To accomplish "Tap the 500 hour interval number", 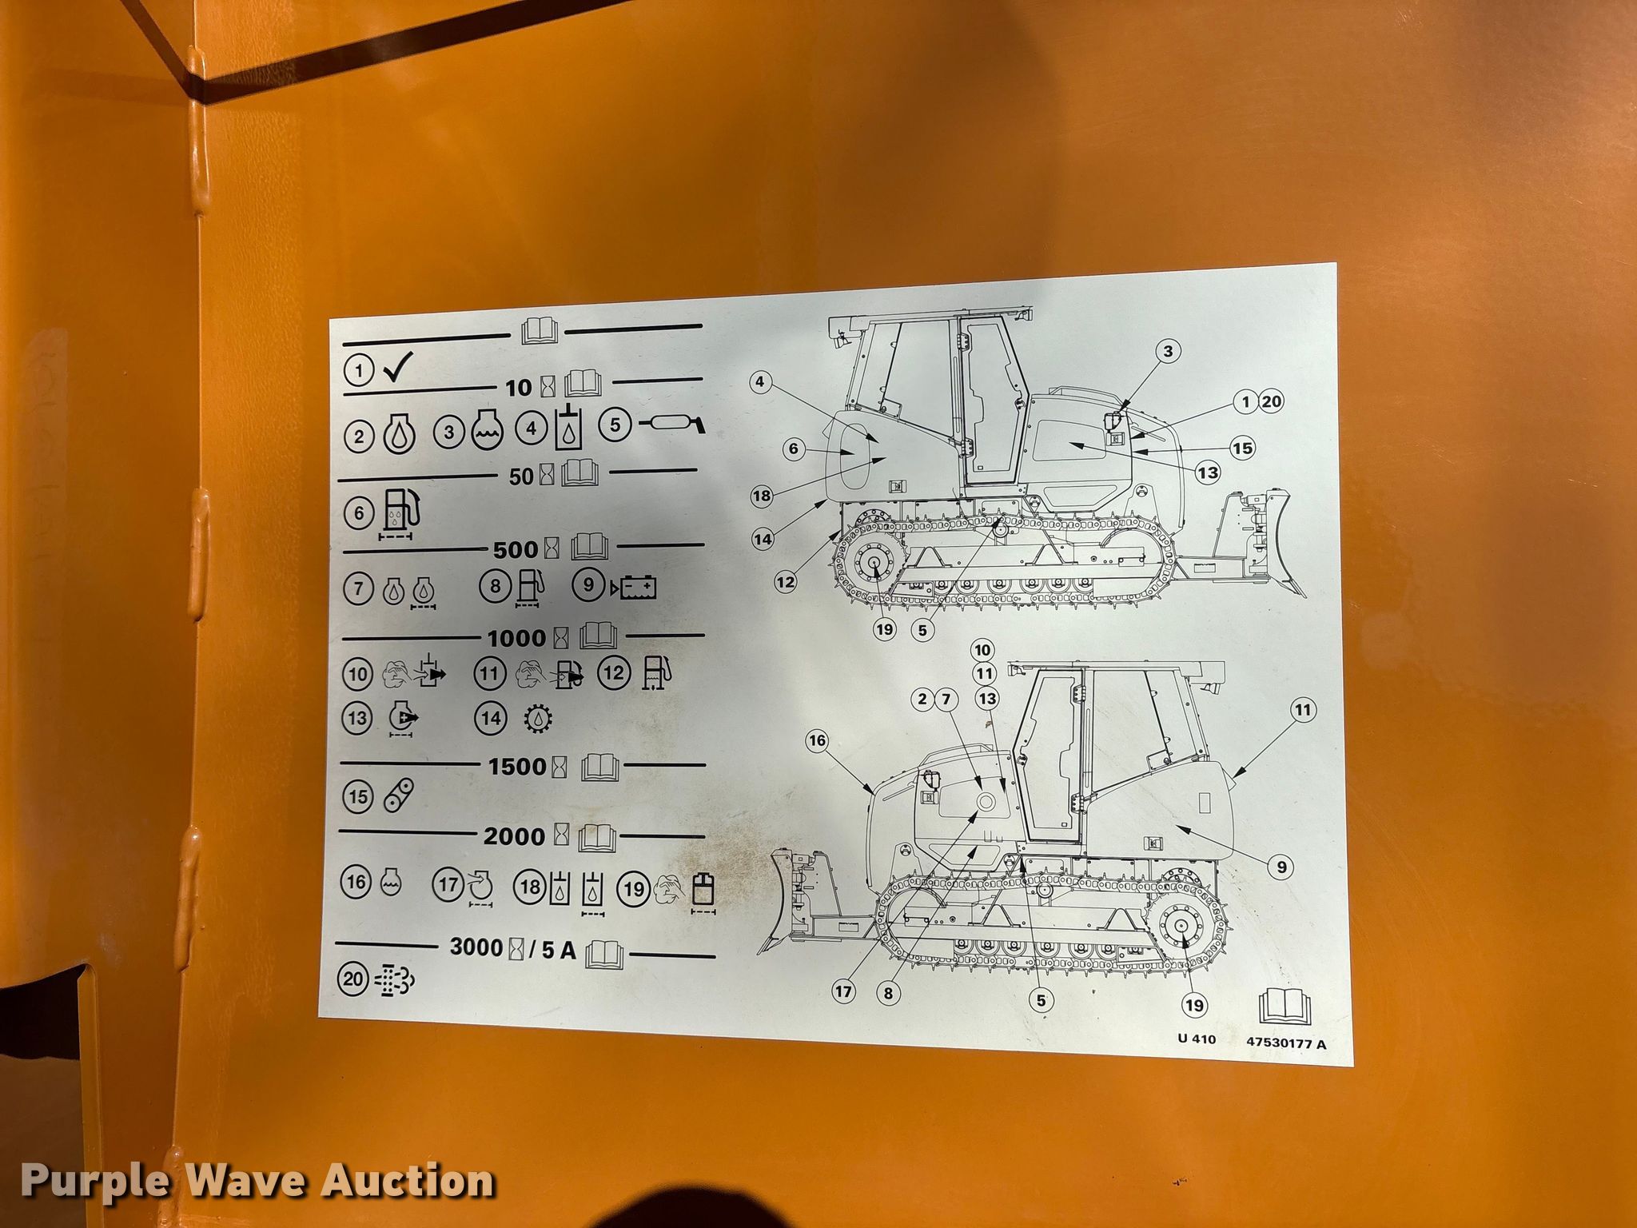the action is [x=516, y=550].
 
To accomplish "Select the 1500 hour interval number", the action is [x=517, y=766].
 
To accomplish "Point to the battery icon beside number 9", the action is [x=635, y=588].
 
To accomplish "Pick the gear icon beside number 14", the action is [x=537, y=718].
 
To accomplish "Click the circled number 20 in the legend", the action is [x=353, y=979].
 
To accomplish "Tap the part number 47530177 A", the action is [x=1286, y=1043].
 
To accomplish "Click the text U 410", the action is [x=1197, y=1039].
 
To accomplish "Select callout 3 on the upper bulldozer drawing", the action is [x=1168, y=351].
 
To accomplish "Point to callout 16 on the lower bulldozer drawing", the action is [x=817, y=741].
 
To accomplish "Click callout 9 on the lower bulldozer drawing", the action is [x=1281, y=867].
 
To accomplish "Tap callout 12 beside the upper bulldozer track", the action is [x=786, y=582].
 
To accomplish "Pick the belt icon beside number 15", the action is [x=400, y=795].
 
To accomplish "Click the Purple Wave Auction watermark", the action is [x=257, y=1182].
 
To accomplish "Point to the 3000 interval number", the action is [x=476, y=947].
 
